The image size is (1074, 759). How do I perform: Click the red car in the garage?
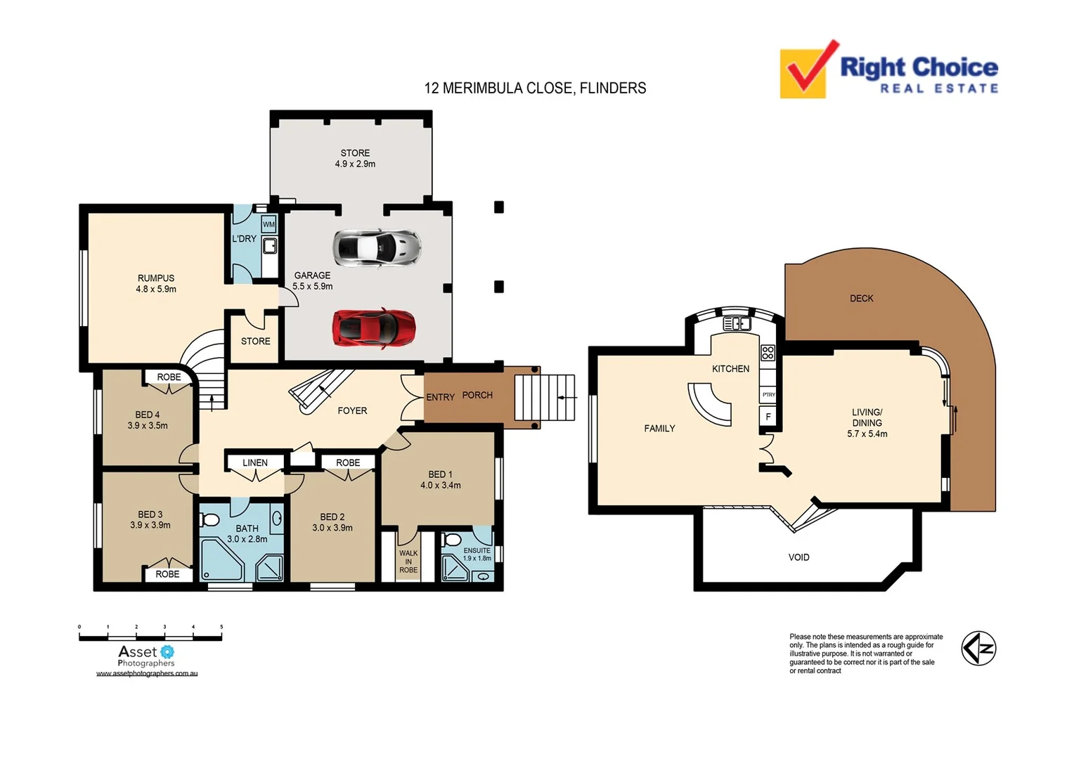click(x=374, y=328)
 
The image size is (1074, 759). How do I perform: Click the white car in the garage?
click(x=377, y=247)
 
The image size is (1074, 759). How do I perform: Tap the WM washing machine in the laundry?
click(x=268, y=225)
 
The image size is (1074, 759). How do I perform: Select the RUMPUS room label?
click(x=156, y=278)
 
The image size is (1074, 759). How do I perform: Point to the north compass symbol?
click(x=978, y=648)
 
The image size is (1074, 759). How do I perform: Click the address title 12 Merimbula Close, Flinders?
click(x=535, y=89)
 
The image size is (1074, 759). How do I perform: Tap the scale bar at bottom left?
click(x=150, y=637)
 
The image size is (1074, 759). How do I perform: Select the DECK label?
click(x=861, y=299)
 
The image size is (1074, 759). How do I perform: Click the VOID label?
click(x=798, y=557)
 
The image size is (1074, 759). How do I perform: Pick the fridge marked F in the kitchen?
click(x=768, y=417)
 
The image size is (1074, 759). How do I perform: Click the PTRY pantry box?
click(x=768, y=395)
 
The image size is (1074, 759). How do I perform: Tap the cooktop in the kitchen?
click(x=768, y=353)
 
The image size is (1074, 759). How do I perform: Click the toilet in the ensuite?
click(x=453, y=540)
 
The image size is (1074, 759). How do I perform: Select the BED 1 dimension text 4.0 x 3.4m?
click(x=441, y=486)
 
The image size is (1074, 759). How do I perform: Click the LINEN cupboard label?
click(x=255, y=462)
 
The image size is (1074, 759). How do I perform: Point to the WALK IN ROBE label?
click(x=408, y=562)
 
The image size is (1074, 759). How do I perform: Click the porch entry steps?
click(x=544, y=398)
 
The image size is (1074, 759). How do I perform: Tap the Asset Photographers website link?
click(x=147, y=673)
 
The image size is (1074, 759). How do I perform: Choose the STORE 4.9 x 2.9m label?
click(x=355, y=158)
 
